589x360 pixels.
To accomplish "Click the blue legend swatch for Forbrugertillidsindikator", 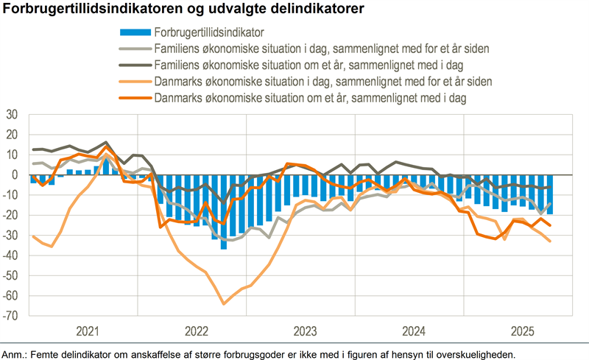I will [x=135, y=32].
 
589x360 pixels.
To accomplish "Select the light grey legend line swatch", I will [x=135, y=49].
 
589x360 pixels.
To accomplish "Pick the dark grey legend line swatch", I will [x=135, y=65].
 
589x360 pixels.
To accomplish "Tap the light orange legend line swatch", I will [x=135, y=81].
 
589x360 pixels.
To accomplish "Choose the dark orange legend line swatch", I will [x=135, y=96].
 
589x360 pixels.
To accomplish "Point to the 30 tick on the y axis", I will [x=12, y=115].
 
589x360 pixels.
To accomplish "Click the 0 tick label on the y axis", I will [x=15, y=175].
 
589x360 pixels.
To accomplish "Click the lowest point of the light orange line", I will [x=224, y=303].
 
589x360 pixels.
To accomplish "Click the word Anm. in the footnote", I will [x=13, y=354].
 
